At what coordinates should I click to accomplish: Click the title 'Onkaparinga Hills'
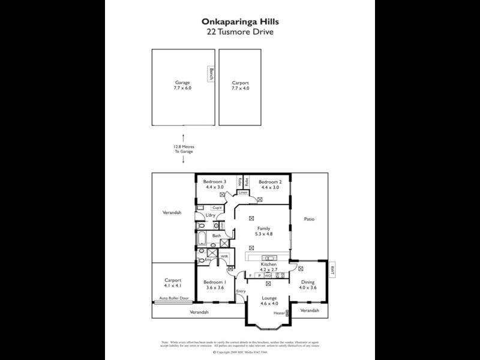[x=239, y=21]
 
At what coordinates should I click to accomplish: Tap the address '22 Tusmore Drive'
[x=239, y=31]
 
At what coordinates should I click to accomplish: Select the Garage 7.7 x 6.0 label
[x=182, y=85]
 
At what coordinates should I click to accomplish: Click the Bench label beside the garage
[x=211, y=74]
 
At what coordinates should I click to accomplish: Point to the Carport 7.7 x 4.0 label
[x=240, y=85]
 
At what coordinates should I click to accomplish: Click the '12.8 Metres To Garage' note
[x=183, y=149]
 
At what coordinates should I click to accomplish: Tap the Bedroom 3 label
[x=214, y=184]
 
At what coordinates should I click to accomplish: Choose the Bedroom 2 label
[x=269, y=184]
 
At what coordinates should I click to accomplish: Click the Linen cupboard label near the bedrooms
[x=242, y=193]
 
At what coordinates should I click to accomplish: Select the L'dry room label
[x=211, y=215]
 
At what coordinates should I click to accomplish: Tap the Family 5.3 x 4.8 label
[x=263, y=231]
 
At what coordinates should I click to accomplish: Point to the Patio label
[x=309, y=219]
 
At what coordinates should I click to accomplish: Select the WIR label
[x=224, y=256]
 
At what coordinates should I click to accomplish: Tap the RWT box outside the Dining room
[x=332, y=271]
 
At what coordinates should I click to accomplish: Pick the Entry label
[x=241, y=292]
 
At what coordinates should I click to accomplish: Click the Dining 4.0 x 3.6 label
[x=308, y=284]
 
